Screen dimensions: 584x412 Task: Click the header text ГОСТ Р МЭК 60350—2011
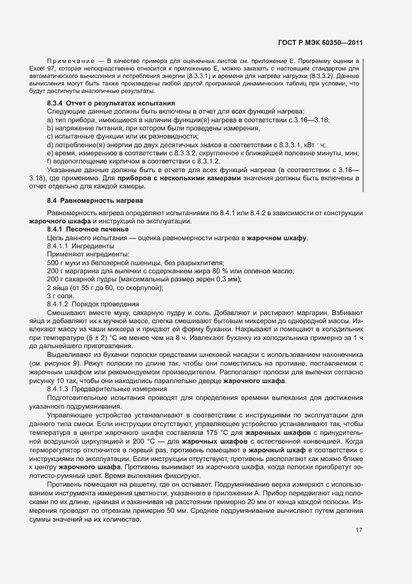click(x=322, y=43)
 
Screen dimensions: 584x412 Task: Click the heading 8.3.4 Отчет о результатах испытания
click(x=111, y=102)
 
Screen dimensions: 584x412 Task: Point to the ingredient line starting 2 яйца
click(x=105, y=288)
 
